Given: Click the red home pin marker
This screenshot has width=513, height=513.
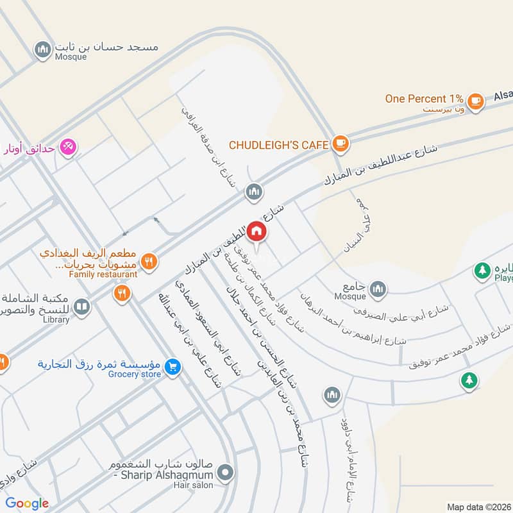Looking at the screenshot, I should pyautogui.click(x=256, y=231).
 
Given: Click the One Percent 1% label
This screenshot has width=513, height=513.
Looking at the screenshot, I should pyautogui.click(x=424, y=99).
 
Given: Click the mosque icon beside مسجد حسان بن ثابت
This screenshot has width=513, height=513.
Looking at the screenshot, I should pyautogui.click(x=43, y=49).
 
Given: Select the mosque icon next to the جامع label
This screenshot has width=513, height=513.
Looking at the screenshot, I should pyautogui.click(x=378, y=288).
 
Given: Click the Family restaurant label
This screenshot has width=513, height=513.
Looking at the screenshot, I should pyautogui.click(x=104, y=274).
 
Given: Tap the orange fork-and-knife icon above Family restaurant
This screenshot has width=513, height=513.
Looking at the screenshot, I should pyautogui.click(x=149, y=261).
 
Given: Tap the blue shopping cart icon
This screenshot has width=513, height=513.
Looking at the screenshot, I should pyautogui.click(x=172, y=367).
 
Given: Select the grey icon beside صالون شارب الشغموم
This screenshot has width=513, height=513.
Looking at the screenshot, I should pyautogui.click(x=225, y=475).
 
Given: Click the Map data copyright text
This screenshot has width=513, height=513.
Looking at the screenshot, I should pyautogui.click(x=478, y=507).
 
